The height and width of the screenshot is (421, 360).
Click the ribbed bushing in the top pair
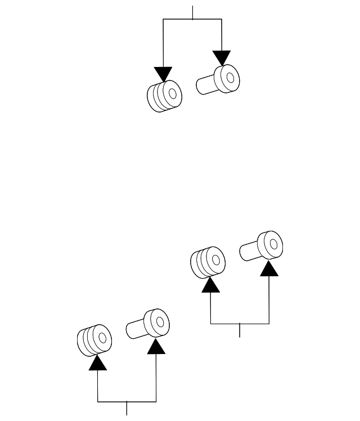[x=164, y=96]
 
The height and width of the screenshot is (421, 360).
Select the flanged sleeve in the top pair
[x=218, y=79]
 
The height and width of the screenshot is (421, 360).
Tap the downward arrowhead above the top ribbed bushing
[x=163, y=74]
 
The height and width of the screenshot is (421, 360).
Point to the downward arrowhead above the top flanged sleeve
[x=222, y=57]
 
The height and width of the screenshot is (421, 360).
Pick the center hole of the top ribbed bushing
[x=172, y=92]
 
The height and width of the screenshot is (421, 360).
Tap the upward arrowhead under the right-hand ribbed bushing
[x=210, y=284]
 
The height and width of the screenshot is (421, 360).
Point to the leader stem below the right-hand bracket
[x=240, y=330]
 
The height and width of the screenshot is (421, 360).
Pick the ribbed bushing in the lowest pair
[x=94, y=340]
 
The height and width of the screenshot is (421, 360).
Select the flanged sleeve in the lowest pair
[x=148, y=324]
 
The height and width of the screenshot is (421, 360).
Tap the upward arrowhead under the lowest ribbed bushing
[x=98, y=362]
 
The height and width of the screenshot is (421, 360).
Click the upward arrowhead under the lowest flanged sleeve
[x=156, y=346]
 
